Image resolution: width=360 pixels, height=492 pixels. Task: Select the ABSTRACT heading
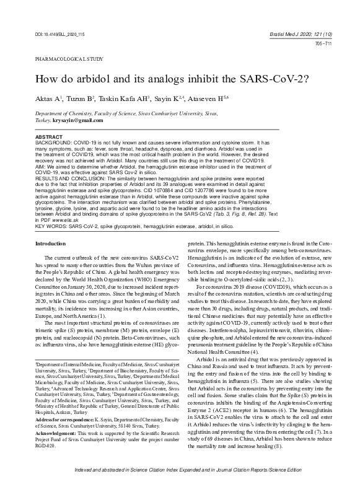point(48,136)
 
